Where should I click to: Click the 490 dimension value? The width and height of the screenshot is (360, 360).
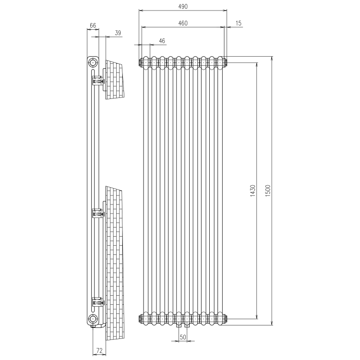coord(182,6)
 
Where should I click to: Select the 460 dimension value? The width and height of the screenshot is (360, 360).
coord(182,23)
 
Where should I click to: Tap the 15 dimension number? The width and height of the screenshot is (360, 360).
coord(239,23)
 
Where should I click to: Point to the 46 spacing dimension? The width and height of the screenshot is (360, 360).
coord(162,41)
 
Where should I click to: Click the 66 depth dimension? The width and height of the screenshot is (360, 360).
coord(93,25)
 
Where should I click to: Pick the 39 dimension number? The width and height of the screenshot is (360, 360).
coord(118,33)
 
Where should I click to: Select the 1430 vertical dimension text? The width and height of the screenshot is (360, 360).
coord(253,191)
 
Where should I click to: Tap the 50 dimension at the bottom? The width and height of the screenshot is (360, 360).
coord(182,337)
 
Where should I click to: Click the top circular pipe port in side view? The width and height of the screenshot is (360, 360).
coord(93,63)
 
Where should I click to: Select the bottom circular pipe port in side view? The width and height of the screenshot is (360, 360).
coord(93,319)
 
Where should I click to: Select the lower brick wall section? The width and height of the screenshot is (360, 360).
coord(114,259)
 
